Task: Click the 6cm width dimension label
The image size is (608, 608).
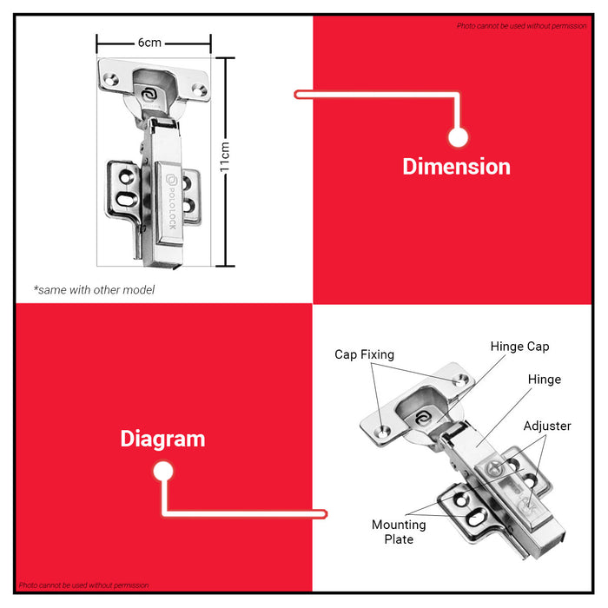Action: [x=149, y=43]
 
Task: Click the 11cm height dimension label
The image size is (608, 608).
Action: [x=224, y=156]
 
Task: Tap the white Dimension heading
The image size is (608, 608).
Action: [x=456, y=167]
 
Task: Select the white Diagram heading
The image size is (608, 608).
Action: [x=162, y=439]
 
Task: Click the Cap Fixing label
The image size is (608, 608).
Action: [x=364, y=354]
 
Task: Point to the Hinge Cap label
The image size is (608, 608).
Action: [x=519, y=347]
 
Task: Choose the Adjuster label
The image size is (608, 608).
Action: [x=547, y=426]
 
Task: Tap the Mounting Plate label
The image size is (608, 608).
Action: [x=399, y=532]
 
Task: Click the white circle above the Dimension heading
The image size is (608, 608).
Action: [x=458, y=137]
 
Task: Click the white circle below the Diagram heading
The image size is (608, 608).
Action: [x=163, y=472]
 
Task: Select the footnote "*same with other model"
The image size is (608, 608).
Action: [x=94, y=289]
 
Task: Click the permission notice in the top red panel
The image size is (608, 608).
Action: [x=521, y=26]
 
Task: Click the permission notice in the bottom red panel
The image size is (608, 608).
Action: [x=83, y=585]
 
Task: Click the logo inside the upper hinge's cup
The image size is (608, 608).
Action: [x=149, y=95]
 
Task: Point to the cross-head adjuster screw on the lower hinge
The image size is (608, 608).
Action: [x=494, y=467]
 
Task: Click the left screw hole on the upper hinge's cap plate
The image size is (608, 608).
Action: [x=110, y=80]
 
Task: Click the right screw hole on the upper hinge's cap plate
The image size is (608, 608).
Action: [x=200, y=90]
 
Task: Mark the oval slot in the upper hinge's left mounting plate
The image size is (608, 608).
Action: [x=127, y=200]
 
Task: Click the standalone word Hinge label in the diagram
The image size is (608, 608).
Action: [x=545, y=380]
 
